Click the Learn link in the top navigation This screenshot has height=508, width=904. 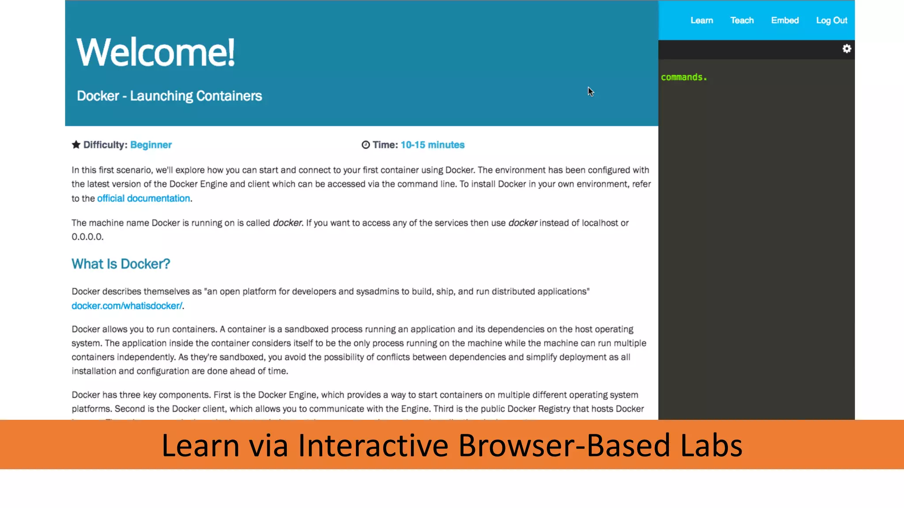coord(701,20)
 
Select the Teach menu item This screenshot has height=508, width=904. coord(742,20)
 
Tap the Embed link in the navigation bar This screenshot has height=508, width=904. coord(785,20)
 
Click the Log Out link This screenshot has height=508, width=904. coord(831,20)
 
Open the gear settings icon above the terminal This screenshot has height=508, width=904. coord(846,49)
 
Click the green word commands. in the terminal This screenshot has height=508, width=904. coord(683,77)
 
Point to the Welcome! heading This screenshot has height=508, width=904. coord(155,52)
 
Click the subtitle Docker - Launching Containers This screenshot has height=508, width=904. coord(169,96)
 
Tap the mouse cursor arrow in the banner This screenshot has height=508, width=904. coord(590,91)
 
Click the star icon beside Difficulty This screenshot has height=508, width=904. coord(76,145)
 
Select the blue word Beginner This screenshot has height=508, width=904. coord(151,145)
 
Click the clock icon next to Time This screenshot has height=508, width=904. coord(365,145)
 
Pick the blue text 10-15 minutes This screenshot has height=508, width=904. coord(432,145)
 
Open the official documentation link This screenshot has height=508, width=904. coord(143,198)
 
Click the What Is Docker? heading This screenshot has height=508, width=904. coord(121,264)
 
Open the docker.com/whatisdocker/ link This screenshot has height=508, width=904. coord(127,306)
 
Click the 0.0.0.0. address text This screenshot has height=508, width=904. coord(87,237)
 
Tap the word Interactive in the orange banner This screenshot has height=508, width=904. coord(373,445)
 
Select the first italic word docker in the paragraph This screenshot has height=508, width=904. coord(287,223)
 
